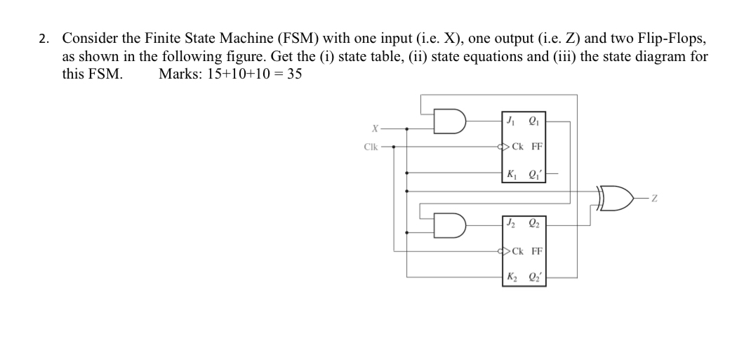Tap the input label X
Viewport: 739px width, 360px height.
coord(375,129)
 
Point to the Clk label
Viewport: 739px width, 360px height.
coord(371,147)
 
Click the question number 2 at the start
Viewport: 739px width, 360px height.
coord(44,39)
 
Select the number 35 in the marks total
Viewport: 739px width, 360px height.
coord(293,74)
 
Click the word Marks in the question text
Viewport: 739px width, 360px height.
coord(178,74)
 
